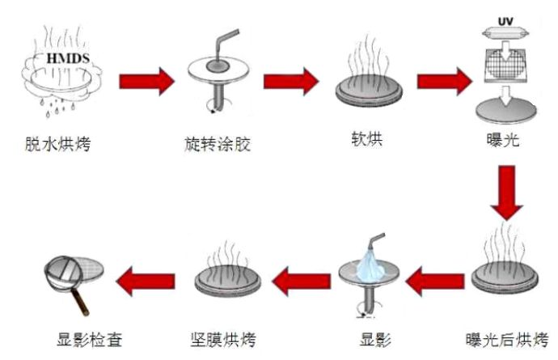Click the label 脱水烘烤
(57, 146)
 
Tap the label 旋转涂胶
(218, 146)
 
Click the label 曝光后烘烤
(508, 337)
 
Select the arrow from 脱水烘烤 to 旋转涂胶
(146, 80)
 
